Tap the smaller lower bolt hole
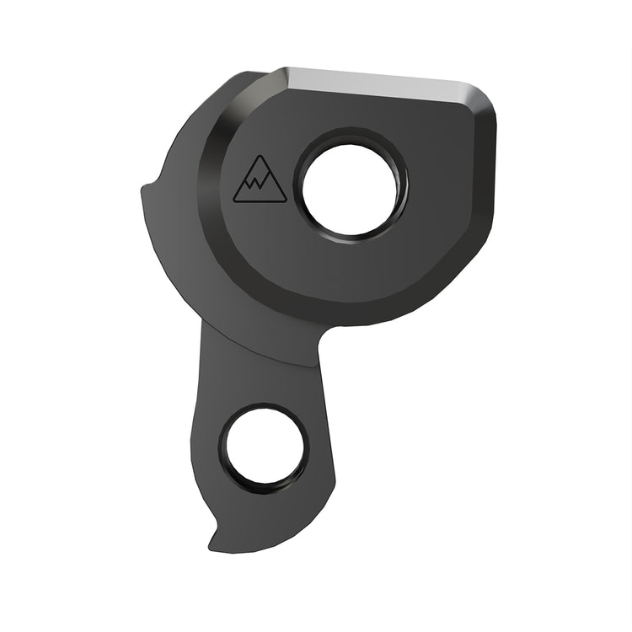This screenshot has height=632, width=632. pyautogui.click(x=262, y=447)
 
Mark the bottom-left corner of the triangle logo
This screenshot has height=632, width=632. pyautogui.click(x=234, y=201)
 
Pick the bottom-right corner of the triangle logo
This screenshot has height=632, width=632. pyautogui.click(x=286, y=201)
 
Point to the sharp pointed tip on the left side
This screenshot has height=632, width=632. pyautogui.click(x=142, y=187)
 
